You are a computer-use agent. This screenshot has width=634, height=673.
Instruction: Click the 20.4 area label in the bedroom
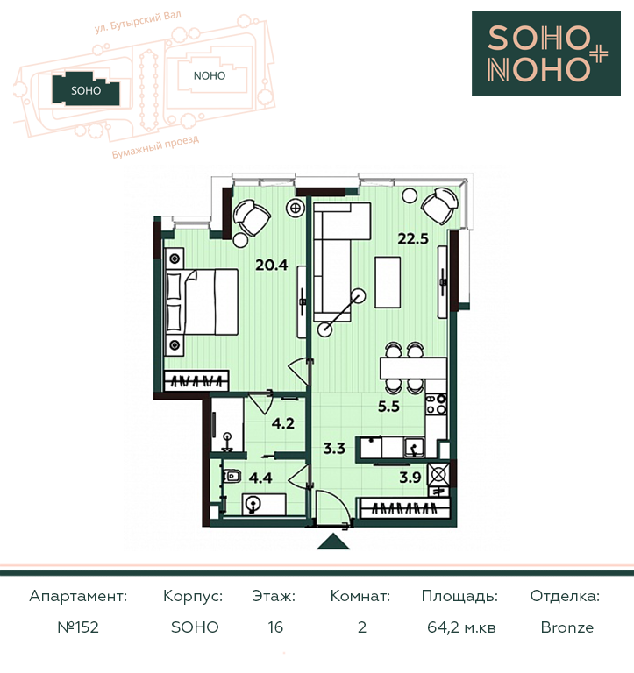click(x=272, y=265)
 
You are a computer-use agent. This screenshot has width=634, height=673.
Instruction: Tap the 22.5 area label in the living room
click(x=413, y=238)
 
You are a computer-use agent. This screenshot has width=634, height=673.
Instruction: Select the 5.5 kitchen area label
click(x=388, y=406)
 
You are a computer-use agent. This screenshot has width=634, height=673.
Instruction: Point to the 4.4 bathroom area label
click(x=260, y=478)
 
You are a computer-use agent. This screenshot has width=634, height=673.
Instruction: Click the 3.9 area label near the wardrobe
click(x=410, y=478)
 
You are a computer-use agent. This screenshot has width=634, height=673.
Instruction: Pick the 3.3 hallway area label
click(x=334, y=449)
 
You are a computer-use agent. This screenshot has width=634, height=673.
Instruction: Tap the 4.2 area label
click(x=283, y=423)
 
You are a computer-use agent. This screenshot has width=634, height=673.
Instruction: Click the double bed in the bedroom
click(x=202, y=301)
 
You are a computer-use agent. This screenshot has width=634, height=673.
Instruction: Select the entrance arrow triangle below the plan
click(x=333, y=542)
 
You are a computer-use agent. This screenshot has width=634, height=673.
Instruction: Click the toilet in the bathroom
click(x=232, y=476)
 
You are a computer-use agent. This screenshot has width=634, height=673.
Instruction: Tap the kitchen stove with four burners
click(x=436, y=404)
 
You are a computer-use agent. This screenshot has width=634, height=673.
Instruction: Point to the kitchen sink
click(x=414, y=448)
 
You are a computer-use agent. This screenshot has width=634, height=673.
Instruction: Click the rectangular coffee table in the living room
click(x=388, y=282)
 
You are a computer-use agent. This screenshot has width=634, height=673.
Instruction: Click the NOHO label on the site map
click(x=210, y=76)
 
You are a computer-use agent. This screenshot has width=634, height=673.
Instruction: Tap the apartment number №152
click(x=78, y=627)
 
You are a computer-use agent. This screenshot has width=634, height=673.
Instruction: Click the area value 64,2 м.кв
click(x=461, y=627)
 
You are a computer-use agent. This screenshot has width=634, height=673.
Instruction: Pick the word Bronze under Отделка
click(x=567, y=627)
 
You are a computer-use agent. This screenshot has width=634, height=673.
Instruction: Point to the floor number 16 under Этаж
click(x=275, y=627)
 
